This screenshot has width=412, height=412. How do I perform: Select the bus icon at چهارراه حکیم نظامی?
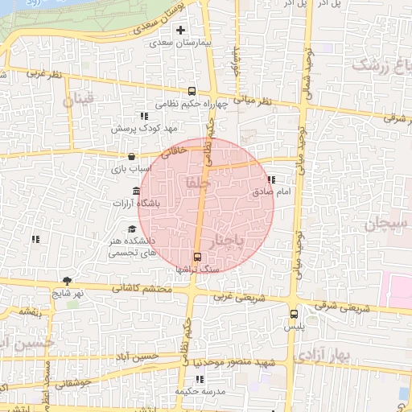(192, 91)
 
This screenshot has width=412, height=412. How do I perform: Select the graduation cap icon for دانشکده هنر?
(131, 229)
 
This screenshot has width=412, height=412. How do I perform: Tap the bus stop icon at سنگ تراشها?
(197, 257)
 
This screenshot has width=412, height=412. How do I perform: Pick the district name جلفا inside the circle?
(197, 183)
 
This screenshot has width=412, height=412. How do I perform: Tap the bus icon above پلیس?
(293, 315)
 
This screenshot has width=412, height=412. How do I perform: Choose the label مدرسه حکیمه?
(199, 391)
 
